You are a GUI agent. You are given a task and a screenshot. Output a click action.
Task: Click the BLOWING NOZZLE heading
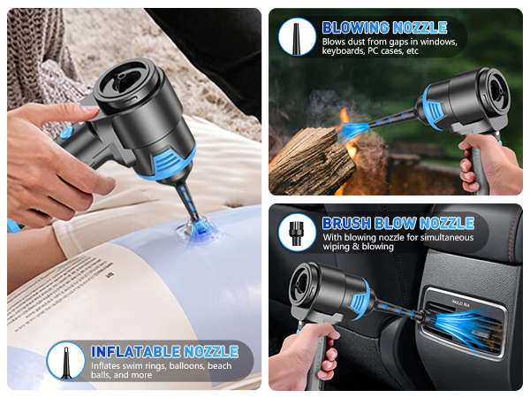384,27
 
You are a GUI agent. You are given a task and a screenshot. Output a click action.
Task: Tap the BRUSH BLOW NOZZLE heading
398,223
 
